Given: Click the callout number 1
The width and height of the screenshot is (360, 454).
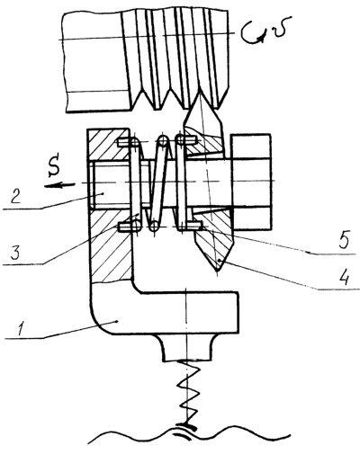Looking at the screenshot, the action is [x=21, y=329].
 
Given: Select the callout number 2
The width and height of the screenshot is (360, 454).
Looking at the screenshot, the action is [x=16, y=195].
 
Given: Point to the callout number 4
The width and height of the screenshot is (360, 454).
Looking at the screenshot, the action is [x=345, y=277].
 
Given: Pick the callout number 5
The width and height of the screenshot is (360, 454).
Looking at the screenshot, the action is [x=345, y=240].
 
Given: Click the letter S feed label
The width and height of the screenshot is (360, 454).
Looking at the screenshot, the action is [x=54, y=170].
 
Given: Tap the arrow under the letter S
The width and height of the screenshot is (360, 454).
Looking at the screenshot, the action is [x=59, y=185].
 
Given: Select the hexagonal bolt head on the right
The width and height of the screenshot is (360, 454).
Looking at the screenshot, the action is [x=251, y=182].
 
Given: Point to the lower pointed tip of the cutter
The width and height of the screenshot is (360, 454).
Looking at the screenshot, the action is [x=218, y=272].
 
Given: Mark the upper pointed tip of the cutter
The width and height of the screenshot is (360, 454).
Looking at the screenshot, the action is [x=199, y=93].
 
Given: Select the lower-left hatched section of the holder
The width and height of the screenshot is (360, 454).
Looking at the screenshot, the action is [x=111, y=245].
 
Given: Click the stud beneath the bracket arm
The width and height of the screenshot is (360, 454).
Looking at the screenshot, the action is [x=186, y=348].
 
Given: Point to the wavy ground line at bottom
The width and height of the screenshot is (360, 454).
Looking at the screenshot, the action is [x=189, y=438].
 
